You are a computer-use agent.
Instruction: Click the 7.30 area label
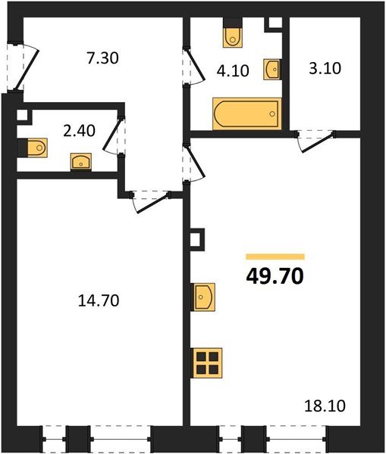point(102,58)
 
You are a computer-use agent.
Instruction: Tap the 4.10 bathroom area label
point(233,71)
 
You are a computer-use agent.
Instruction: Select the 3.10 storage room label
point(325,69)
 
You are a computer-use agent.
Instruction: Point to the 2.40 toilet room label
point(79,131)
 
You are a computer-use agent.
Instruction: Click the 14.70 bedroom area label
point(99,300)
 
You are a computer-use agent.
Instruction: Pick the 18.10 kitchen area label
point(325,406)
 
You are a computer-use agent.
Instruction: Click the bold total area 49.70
point(275,276)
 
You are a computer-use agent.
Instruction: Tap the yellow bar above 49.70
point(275,257)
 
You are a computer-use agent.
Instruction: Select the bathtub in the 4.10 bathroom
point(247,113)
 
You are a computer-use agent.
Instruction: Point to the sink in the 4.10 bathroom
point(271,70)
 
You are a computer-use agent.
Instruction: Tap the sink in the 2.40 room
point(81,161)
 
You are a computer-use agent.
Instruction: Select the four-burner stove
point(207,363)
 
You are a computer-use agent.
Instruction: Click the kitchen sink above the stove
point(204,297)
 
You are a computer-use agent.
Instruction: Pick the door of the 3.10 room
point(315,141)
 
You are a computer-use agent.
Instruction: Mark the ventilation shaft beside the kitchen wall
point(196,240)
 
